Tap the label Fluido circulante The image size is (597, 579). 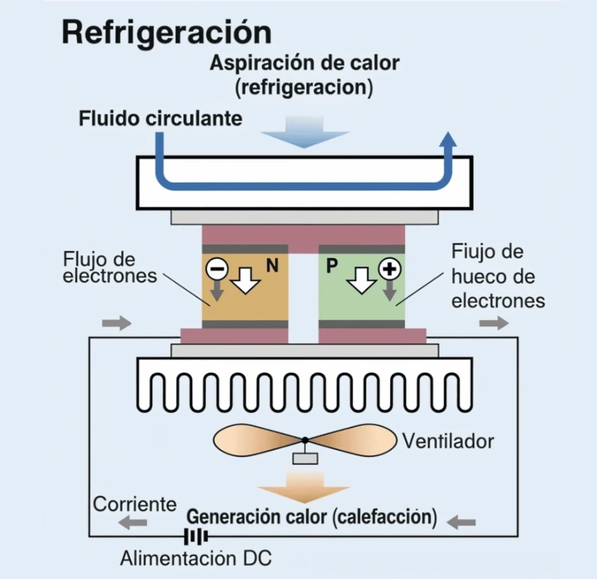tap(160, 119)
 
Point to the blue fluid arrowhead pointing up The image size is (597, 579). tap(447, 143)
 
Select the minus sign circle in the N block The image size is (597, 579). tap(216, 269)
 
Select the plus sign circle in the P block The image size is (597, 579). tap(391, 269)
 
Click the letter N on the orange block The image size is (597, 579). tap(272, 267)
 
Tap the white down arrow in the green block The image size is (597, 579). tap(361, 279)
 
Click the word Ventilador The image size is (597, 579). tap(448, 441)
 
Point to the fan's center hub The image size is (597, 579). tap(305, 441)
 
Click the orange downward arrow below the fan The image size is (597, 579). tap(304, 487)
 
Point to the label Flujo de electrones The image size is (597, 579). tap(109, 267)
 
